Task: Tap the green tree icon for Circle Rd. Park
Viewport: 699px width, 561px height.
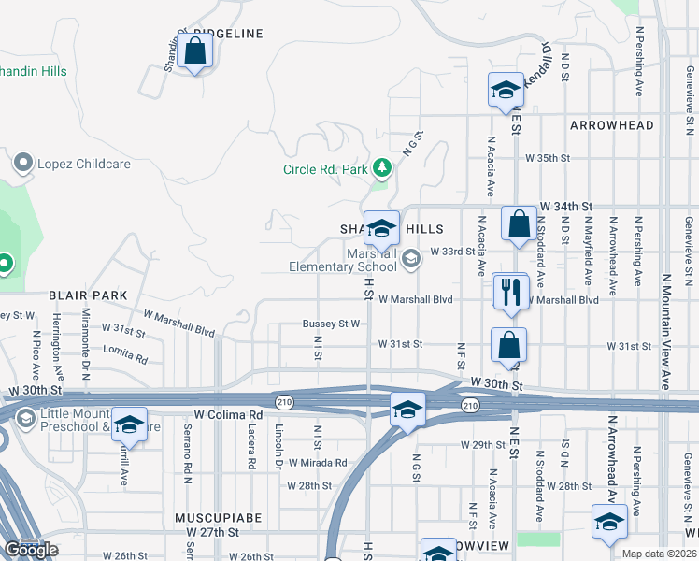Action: coord(381,168)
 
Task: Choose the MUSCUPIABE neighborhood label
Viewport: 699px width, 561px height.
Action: coord(218,517)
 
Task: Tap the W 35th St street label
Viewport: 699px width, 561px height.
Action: coord(547,158)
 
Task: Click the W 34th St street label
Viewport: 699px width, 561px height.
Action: coord(567,205)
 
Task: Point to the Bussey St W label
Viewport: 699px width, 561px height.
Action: coord(331,324)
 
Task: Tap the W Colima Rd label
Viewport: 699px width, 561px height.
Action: coord(228,414)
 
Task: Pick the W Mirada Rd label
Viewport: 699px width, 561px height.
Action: coord(317,463)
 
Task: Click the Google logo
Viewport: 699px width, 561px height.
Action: coord(31,550)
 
